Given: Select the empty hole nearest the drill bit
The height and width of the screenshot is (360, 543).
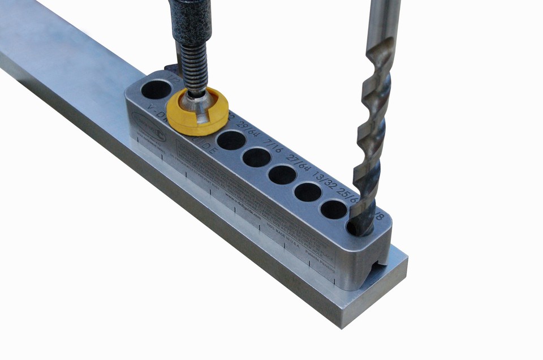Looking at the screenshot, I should coord(334,209).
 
